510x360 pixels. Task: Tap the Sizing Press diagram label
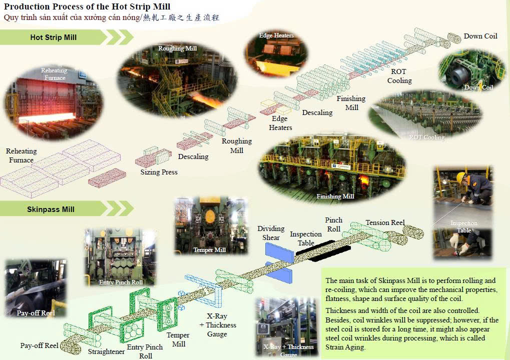click(159, 172)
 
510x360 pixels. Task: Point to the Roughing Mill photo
click(177, 79)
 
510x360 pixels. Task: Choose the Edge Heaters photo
click(276, 54)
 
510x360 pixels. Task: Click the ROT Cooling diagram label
click(399, 76)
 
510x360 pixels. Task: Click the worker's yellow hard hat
click(460, 177)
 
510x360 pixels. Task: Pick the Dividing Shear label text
click(271, 233)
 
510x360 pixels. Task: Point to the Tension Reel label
click(385, 222)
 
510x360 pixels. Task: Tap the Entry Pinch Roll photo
click(121, 257)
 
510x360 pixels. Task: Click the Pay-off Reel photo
click(36, 288)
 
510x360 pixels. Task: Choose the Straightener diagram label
click(106, 351)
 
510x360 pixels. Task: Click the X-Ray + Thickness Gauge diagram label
click(218, 325)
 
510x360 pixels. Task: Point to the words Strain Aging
click(345, 347)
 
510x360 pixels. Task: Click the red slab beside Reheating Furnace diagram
click(107, 177)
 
